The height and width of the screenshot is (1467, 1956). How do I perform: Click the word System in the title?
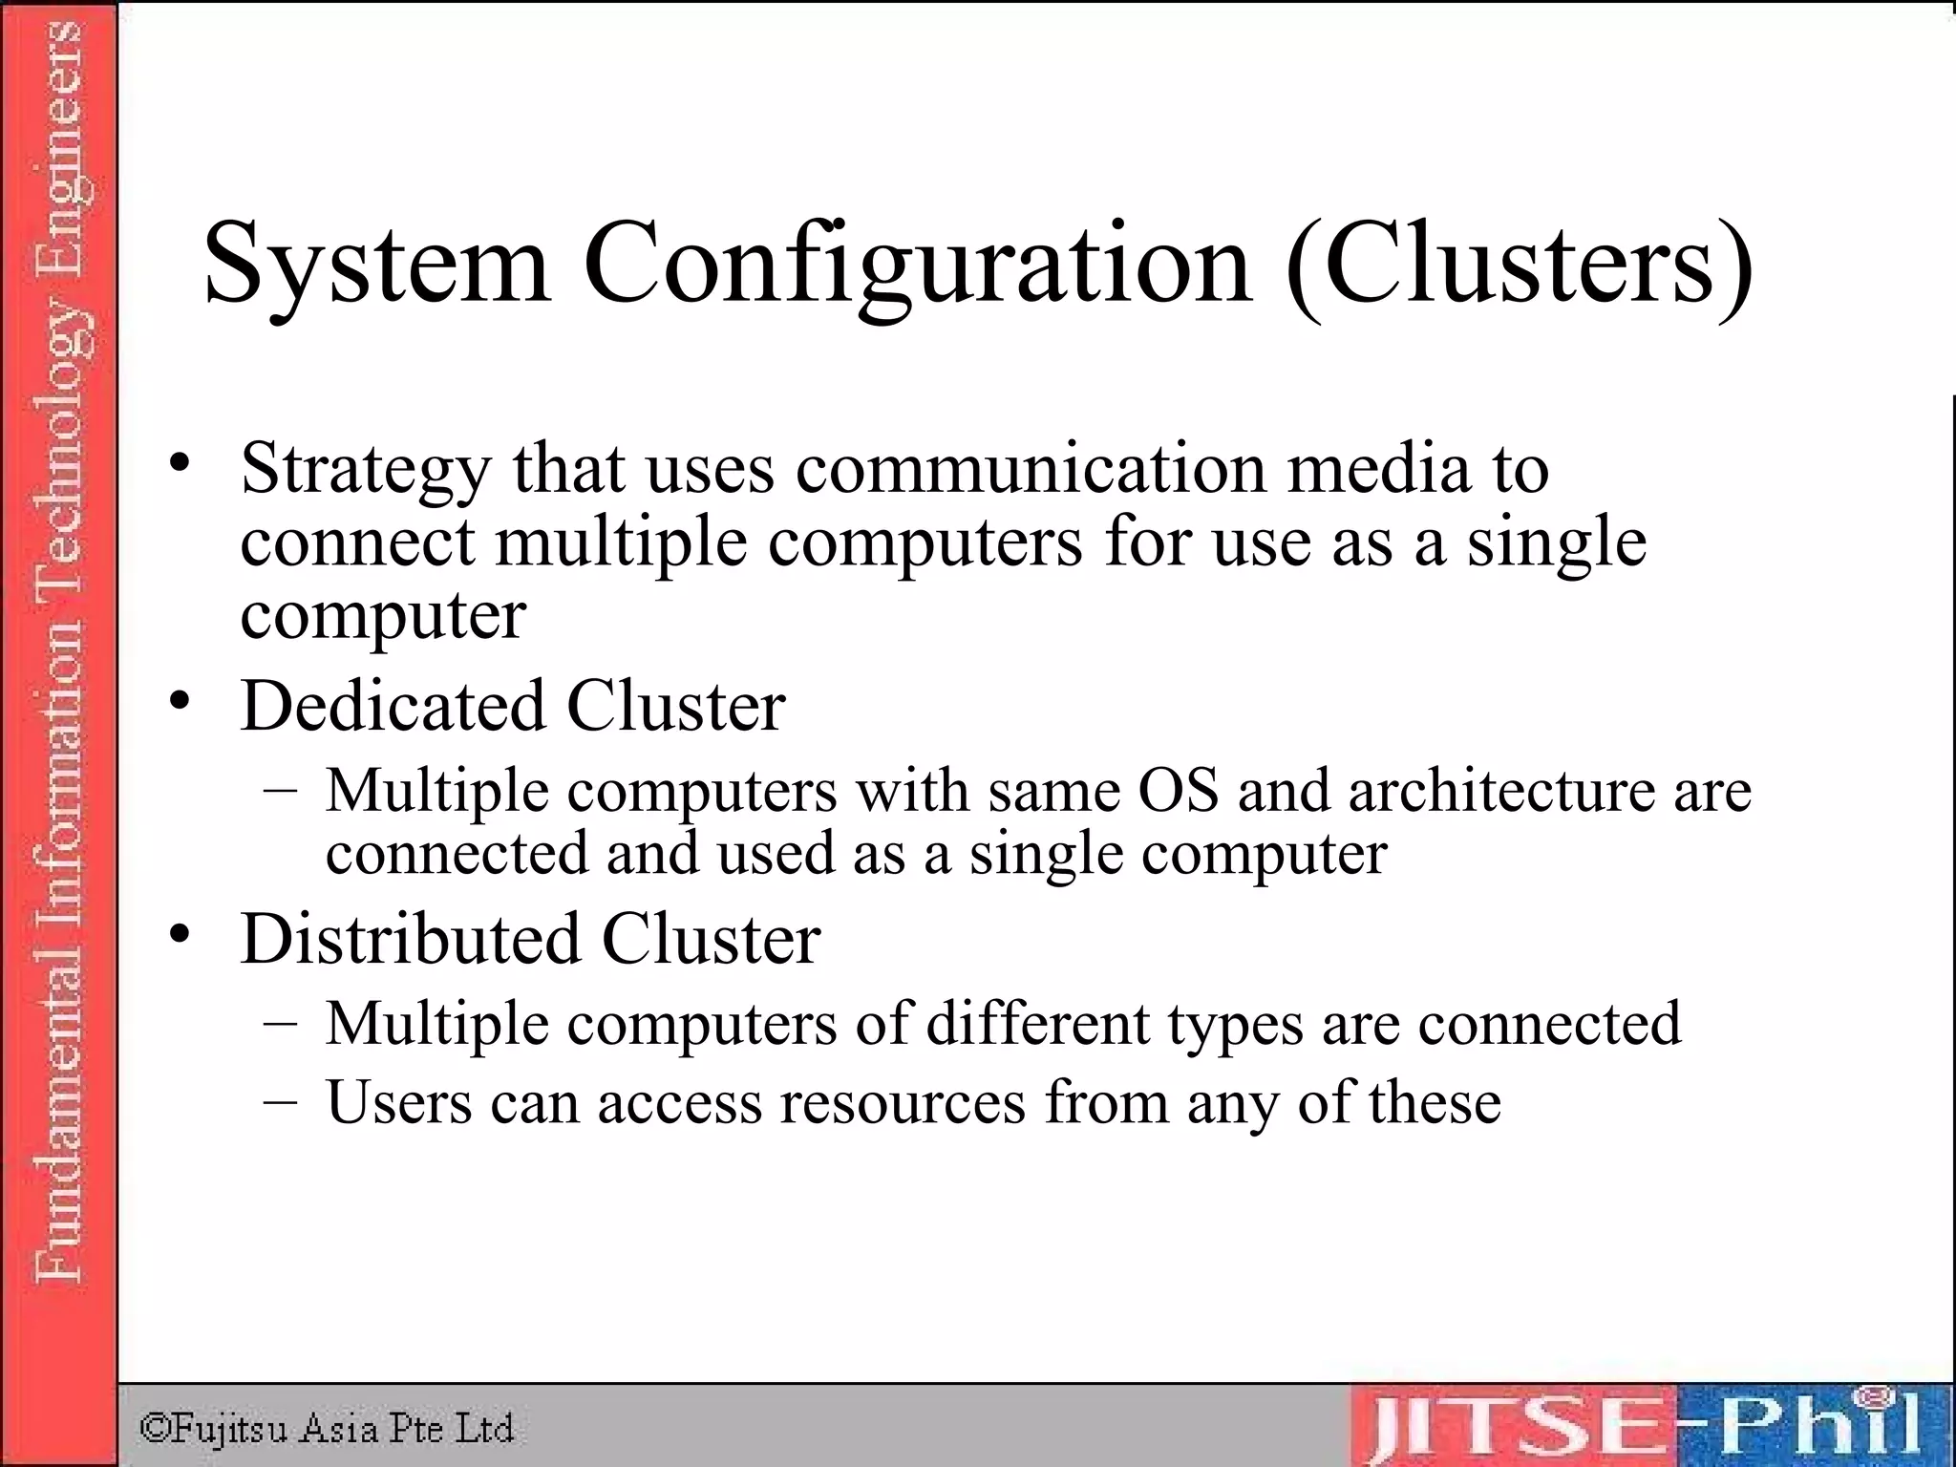pos(376,264)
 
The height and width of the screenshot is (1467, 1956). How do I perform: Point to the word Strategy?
pos(366,470)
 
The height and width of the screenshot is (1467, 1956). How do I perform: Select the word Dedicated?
pos(393,706)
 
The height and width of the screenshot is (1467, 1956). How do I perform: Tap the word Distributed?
pos(410,939)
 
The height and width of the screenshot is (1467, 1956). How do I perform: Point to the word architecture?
pos(1500,791)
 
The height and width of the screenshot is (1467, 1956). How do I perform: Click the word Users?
pos(399,1102)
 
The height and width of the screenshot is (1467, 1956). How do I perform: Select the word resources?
pos(903,1104)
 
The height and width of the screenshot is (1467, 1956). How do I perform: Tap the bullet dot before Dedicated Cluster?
pos(180,701)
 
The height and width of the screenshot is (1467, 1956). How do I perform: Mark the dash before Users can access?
pos(279,1100)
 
